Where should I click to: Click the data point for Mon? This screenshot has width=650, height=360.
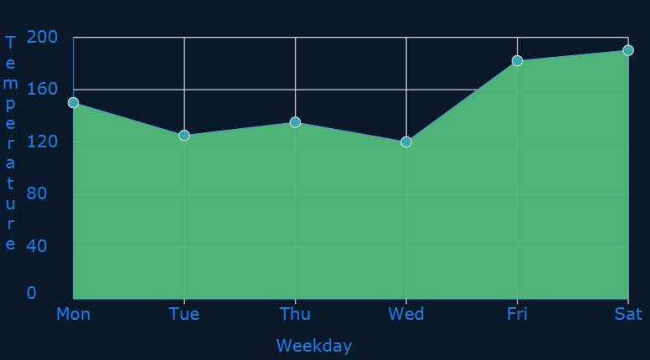74,103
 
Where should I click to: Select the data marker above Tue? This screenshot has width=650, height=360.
184,136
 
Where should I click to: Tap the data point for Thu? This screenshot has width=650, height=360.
295,122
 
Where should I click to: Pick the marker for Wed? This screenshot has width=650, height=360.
406,142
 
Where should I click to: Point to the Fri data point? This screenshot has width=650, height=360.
517,61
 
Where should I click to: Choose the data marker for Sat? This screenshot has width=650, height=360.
628,50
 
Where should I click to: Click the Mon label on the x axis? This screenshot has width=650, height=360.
74,314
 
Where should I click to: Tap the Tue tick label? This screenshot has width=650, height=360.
184,314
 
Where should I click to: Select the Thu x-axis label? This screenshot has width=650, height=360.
295,314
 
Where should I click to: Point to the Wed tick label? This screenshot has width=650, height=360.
406,314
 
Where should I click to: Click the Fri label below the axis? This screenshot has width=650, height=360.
517,314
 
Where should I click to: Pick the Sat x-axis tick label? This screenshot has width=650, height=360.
628,314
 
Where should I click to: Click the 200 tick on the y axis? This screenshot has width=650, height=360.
42,37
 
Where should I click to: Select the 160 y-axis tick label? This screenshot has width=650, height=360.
42,89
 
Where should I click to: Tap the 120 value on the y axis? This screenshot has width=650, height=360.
42,141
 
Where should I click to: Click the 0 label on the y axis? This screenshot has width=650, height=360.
32,293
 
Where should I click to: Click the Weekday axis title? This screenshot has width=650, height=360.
314,346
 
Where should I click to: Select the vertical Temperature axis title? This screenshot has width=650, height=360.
10,143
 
